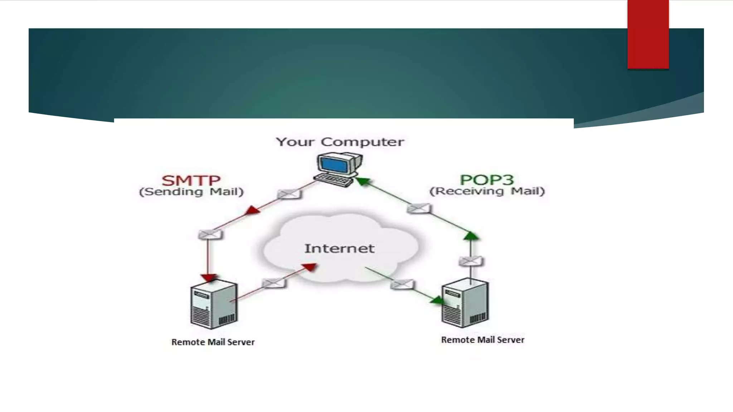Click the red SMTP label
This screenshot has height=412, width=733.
191,180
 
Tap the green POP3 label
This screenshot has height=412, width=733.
486,180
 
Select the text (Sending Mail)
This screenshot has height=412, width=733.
191,192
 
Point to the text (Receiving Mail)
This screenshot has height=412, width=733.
487,191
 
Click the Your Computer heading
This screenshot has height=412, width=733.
340,142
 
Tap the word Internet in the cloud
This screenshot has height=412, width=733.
339,249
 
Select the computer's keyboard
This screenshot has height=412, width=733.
333,180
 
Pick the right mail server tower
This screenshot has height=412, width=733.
465,303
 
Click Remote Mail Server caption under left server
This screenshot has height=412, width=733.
213,342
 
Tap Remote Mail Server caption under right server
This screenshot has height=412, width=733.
482,340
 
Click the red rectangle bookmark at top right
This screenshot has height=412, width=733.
648,34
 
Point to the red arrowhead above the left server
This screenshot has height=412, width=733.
208,278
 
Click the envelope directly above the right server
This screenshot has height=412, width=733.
470,261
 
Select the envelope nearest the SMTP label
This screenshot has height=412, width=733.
289,194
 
